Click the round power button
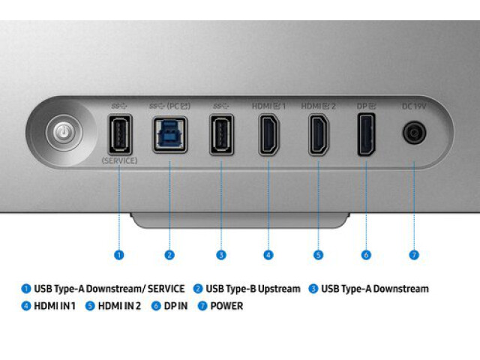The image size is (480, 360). pyautogui.click(x=64, y=133)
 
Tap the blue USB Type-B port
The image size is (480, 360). pyautogui.click(x=170, y=135)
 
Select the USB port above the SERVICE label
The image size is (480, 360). pyautogui.click(x=120, y=134)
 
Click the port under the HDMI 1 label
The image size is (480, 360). pyautogui.click(x=269, y=134)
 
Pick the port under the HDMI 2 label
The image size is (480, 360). pyautogui.click(x=318, y=134)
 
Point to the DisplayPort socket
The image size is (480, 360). pyautogui.click(x=367, y=134)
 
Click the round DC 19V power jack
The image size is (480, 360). pyautogui.click(x=414, y=133)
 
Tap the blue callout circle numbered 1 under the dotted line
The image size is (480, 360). pyautogui.click(x=119, y=255)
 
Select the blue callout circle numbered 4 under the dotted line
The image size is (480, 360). pyautogui.click(x=268, y=255)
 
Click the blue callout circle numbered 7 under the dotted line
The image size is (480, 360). pyautogui.click(x=414, y=255)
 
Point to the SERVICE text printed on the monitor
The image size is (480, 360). pyautogui.click(x=119, y=160)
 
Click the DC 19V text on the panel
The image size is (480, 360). pyautogui.click(x=414, y=106)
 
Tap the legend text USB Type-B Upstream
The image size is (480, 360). pyautogui.click(x=253, y=289)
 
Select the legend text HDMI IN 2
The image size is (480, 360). pyautogui.click(x=119, y=306)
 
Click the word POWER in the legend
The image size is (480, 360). pyautogui.click(x=226, y=306)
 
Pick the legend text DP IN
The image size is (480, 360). pyautogui.click(x=175, y=306)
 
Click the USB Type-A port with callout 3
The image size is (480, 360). pyautogui.click(x=221, y=134)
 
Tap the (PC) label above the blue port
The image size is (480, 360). pyautogui.click(x=178, y=106)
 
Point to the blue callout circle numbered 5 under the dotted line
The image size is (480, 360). pyautogui.click(x=318, y=255)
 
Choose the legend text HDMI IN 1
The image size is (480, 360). pyautogui.click(x=55, y=306)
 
